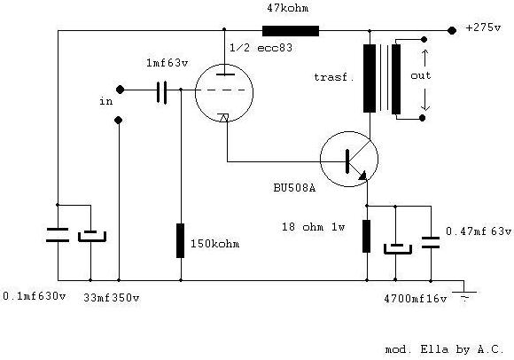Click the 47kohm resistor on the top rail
[x=291, y=31]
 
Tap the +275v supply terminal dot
[x=452, y=31]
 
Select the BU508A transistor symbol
[x=349, y=160]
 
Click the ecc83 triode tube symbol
[x=224, y=93]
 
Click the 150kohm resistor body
[x=180, y=240]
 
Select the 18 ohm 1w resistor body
[x=367, y=236]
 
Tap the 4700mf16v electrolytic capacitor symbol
[x=398, y=249]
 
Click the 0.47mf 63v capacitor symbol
[x=431, y=242]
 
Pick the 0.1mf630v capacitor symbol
[x=58, y=235]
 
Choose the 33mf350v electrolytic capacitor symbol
[x=92, y=236]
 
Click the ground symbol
[x=464, y=294]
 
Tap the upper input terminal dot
[x=120, y=90]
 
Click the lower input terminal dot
[x=119, y=121]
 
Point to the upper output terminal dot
[x=424, y=40]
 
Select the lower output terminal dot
[x=423, y=118]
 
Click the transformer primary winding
[x=370, y=79]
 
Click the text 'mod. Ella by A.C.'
[x=444, y=349]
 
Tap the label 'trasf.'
[x=334, y=77]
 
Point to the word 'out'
[x=421, y=75]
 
